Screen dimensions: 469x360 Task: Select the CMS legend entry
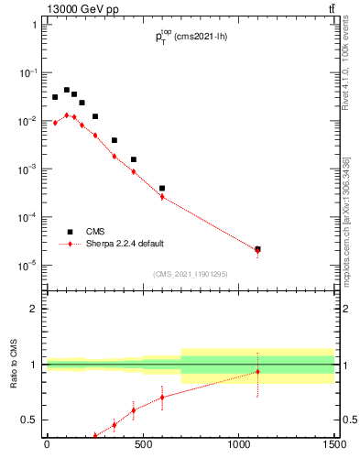(x=97, y=232)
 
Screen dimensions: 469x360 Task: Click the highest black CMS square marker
(x=66, y=90)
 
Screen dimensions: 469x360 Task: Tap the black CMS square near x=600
(x=162, y=188)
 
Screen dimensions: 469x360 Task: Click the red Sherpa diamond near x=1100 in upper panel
(x=257, y=251)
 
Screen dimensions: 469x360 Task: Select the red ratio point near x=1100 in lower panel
(x=257, y=372)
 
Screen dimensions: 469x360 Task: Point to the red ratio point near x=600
(x=162, y=397)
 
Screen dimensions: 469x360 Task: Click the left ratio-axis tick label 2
(x=33, y=309)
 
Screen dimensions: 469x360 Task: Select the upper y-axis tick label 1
(x=33, y=25)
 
